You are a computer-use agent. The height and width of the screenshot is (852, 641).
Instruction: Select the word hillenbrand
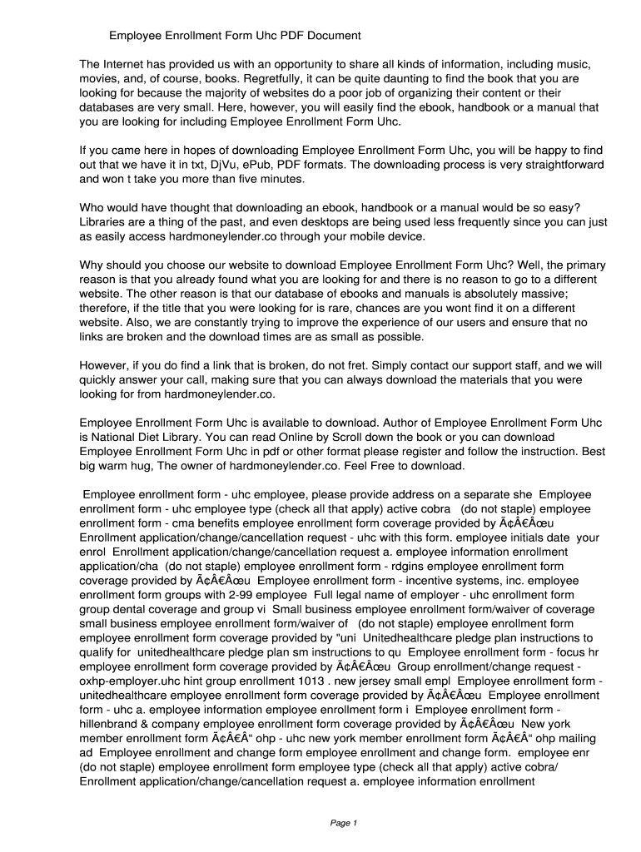click(x=111, y=724)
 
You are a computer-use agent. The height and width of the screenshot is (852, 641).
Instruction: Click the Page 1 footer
click(x=342, y=823)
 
